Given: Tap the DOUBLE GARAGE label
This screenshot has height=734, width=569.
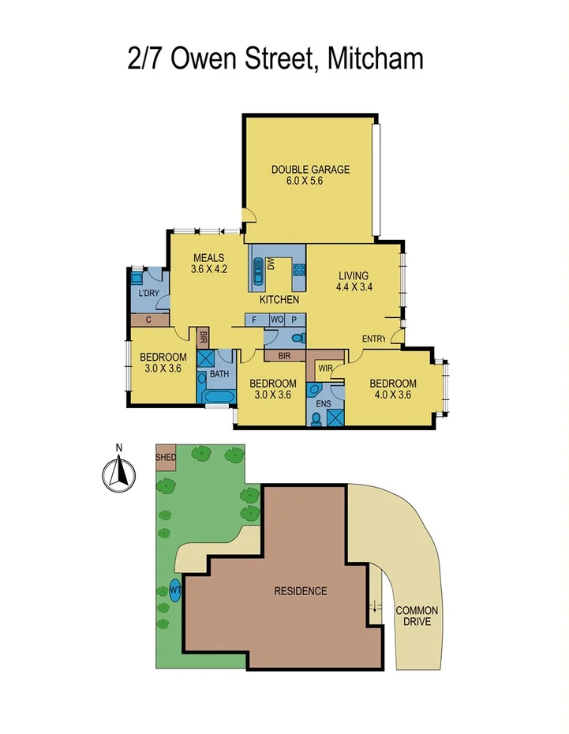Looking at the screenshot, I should (x=310, y=169).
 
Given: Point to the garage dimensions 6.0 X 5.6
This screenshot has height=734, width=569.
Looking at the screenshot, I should (x=305, y=181).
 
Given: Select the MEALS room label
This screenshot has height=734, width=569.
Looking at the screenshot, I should (x=208, y=257).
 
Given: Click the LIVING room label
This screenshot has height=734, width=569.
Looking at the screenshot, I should (x=354, y=275).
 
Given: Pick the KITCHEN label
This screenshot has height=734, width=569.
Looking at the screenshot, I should (x=279, y=300).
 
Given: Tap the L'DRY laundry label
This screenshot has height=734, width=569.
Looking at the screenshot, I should (x=148, y=294).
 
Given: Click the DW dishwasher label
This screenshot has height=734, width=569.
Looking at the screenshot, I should (x=270, y=267).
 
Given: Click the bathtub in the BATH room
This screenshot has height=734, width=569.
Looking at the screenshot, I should (x=215, y=395).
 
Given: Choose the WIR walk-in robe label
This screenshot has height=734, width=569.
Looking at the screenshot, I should (x=325, y=368).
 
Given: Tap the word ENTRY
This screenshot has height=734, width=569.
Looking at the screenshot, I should (x=374, y=339).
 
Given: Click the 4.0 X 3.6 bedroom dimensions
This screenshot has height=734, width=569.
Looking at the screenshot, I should (x=393, y=396).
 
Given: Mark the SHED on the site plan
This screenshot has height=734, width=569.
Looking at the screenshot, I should (x=166, y=458).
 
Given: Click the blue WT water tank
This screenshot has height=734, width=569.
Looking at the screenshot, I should (x=174, y=589).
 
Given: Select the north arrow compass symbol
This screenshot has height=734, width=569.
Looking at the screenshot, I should (x=119, y=474).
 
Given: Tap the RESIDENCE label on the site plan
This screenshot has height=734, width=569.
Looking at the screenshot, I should (x=300, y=591).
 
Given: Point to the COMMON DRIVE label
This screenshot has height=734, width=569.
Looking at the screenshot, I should (x=417, y=616).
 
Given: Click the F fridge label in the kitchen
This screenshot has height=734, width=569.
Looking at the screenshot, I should (x=254, y=320).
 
